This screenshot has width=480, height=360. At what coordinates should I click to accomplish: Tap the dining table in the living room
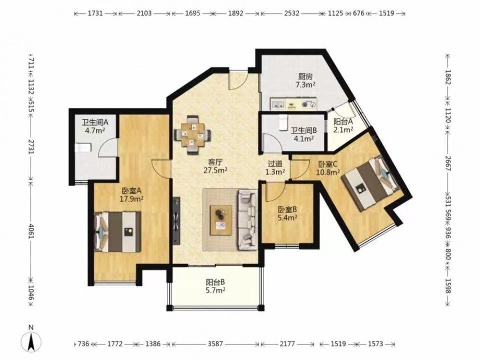[x=192, y=135]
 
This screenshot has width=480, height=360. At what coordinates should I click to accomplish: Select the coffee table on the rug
[x=221, y=220]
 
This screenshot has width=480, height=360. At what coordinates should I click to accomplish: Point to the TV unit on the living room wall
[x=177, y=220]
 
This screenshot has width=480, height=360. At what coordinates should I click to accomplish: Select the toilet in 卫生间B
[x=283, y=121]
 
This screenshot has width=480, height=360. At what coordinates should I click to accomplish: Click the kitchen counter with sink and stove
[x=293, y=104]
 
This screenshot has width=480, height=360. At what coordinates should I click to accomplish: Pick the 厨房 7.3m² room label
[x=306, y=81]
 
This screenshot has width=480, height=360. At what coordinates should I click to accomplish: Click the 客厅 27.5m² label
[x=215, y=166]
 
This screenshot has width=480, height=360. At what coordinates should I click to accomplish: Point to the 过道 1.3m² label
[x=275, y=168]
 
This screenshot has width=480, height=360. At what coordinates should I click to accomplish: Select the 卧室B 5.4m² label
[x=288, y=214]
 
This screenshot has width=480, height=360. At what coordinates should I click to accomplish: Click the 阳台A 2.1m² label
[x=343, y=125]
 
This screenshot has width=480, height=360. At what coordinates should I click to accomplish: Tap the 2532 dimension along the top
[x=291, y=13]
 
